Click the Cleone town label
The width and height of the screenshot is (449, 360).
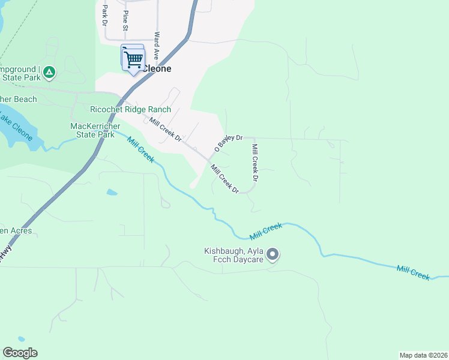click(157, 68)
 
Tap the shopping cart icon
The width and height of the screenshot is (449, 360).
click(133, 59)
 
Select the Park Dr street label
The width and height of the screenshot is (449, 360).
click(104, 16)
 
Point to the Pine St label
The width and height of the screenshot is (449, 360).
click(125, 20)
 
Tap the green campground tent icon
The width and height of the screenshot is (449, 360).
click(49, 73)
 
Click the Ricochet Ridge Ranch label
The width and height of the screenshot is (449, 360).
click(130, 109)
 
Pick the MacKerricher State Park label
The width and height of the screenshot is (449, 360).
click(92, 130)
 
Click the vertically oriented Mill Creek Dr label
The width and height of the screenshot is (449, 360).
click(255, 163)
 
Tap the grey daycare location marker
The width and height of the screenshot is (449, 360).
click(273, 255)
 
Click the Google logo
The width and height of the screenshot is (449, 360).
click(20, 353)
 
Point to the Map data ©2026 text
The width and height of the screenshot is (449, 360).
click(423, 355)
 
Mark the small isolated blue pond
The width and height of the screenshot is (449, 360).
click(112, 193)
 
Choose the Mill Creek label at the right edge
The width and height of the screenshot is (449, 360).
click(413, 271)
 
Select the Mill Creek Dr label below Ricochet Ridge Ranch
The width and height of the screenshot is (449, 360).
click(166, 130)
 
